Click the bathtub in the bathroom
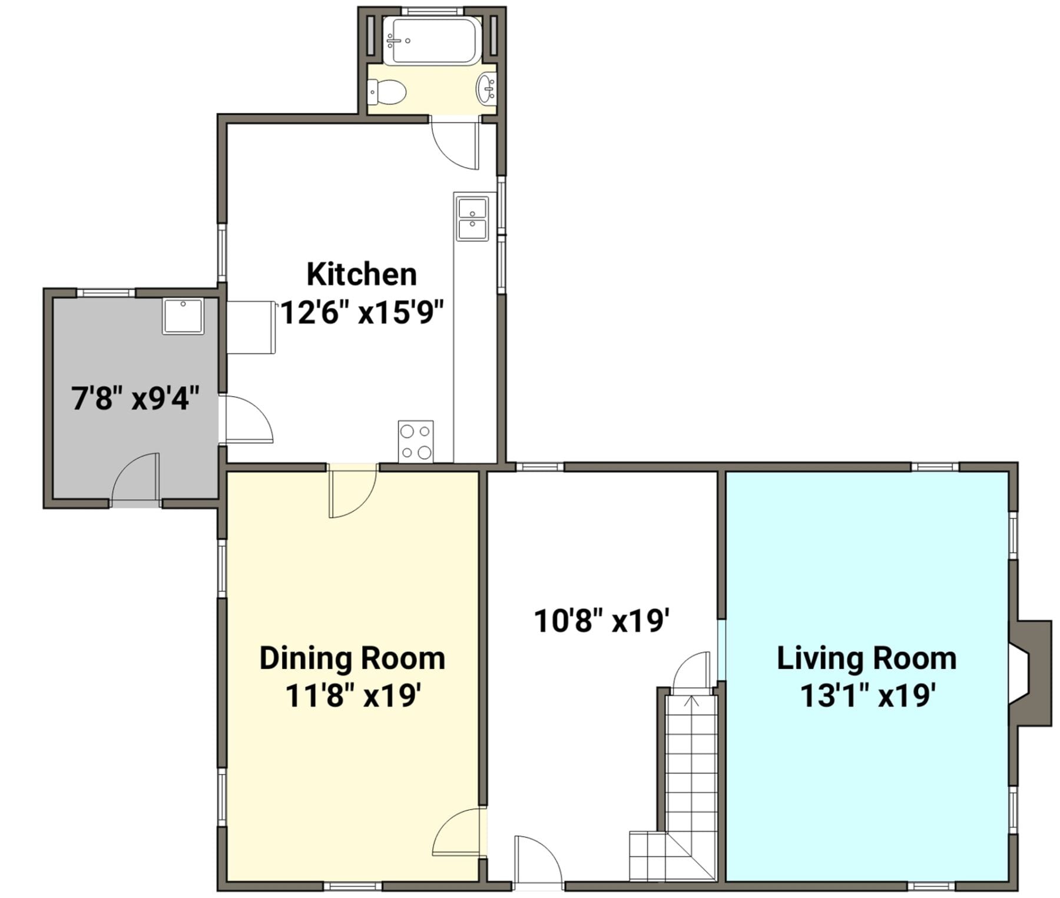click(x=432, y=40)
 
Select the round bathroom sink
click(x=486, y=89)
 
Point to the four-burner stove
click(x=416, y=441)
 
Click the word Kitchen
click(x=362, y=275)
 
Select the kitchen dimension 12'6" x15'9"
click(x=362, y=312)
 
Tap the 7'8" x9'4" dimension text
click(x=135, y=398)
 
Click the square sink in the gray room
click(x=183, y=316)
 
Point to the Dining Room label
click(x=352, y=658)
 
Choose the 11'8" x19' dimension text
click(x=353, y=696)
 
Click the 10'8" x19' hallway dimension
click(x=602, y=620)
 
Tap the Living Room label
click(x=866, y=658)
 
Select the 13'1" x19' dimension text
click(x=868, y=696)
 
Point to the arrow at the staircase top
click(x=692, y=701)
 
